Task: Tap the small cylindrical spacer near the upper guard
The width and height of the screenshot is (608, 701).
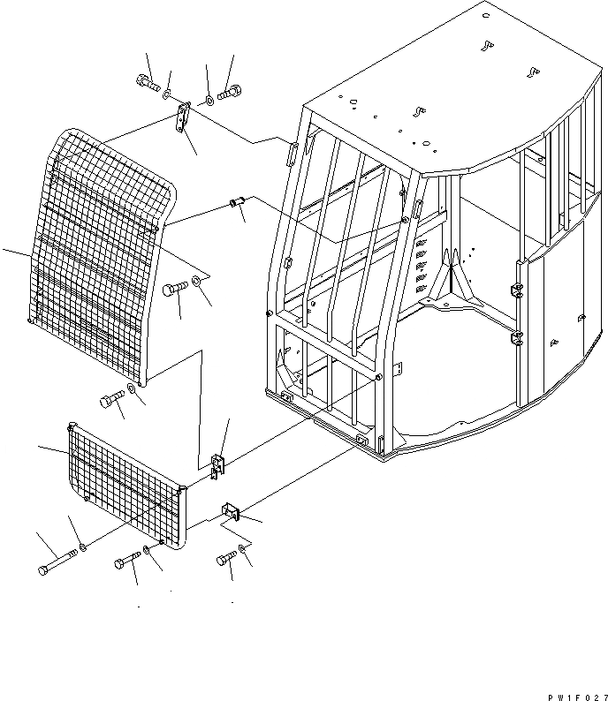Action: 235,206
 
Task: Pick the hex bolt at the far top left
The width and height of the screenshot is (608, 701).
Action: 147,85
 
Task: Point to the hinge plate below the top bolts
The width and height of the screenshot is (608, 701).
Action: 184,118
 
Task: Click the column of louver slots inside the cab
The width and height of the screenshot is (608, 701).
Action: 422,265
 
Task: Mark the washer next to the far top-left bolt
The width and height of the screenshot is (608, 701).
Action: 168,89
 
